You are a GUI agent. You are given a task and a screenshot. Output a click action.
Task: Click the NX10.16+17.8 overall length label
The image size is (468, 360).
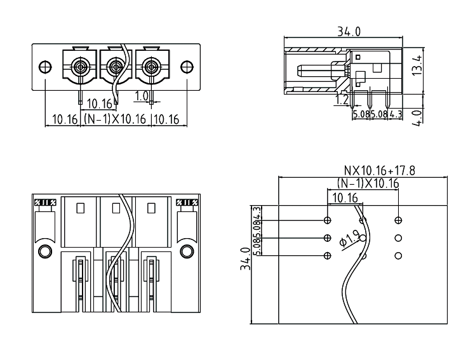point(380,171)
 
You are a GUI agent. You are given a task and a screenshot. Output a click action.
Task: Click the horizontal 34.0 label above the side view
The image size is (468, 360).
point(349,32)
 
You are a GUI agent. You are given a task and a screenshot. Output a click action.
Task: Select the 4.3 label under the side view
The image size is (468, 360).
point(394,114)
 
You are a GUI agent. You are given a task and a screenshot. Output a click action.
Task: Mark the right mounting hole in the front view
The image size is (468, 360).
point(186,67)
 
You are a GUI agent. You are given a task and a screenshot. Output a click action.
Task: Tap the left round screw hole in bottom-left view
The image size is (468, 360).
point(44,251)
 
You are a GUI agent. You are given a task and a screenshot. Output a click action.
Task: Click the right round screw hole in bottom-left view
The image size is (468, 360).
point(186,251)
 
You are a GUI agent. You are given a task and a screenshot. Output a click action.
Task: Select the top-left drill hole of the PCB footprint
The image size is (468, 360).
point(327,220)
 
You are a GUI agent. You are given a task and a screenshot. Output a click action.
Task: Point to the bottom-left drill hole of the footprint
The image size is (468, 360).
point(327,255)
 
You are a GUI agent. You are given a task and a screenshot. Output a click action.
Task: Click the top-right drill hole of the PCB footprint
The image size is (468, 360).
point(398,220)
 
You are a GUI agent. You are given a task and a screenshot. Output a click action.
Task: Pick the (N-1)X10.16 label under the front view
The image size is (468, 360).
point(114,119)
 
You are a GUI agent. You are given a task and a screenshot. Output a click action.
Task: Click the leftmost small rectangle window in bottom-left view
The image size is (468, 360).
point(80,208)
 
